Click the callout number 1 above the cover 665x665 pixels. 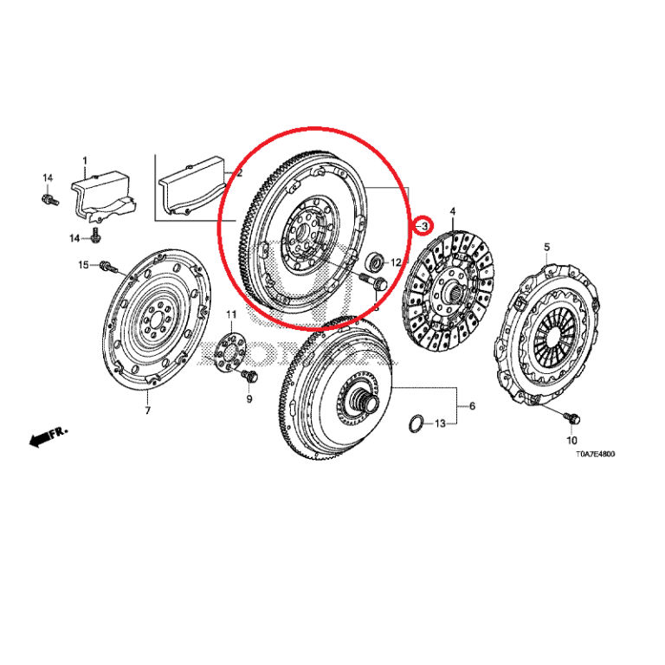85,160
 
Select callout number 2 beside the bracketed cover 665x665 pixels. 228,173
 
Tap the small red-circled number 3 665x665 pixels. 424,226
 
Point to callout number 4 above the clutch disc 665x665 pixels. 452,210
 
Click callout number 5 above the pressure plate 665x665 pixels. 546,248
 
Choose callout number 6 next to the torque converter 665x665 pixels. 472,406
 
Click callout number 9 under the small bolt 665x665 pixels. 249,399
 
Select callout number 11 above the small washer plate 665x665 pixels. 231,313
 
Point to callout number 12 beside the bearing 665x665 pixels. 396,262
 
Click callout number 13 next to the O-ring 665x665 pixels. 440,424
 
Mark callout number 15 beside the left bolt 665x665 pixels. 84,264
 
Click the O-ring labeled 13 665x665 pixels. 416,423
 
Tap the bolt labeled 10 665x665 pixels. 573,418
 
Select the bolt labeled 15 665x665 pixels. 107,265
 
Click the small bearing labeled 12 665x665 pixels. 375,260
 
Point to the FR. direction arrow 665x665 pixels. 48,436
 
